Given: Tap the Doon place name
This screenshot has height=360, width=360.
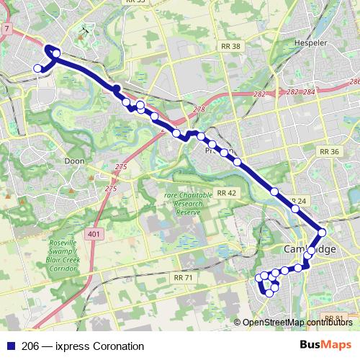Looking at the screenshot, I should [x=75, y=161].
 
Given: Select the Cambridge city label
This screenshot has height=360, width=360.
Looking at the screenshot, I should [x=309, y=248].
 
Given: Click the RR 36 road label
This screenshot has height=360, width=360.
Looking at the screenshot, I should [x=329, y=152].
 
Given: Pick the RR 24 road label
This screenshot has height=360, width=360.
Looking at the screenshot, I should [x=297, y=200].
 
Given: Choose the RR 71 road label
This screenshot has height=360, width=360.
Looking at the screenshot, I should [x=184, y=277].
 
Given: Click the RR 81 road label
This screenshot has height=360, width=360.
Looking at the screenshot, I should [x=333, y=318].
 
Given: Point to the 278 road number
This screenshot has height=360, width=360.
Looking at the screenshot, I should [x=199, y=109].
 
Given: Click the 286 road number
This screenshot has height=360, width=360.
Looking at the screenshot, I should [x=353, y=82].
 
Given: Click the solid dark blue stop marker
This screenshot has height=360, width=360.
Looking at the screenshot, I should [x=116, y=89].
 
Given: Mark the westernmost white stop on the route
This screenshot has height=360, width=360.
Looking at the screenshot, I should [x=38, y=68].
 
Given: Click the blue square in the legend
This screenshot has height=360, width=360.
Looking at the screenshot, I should [x=10, y=346].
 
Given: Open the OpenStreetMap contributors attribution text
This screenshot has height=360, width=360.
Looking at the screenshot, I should [x=296, y=323].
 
